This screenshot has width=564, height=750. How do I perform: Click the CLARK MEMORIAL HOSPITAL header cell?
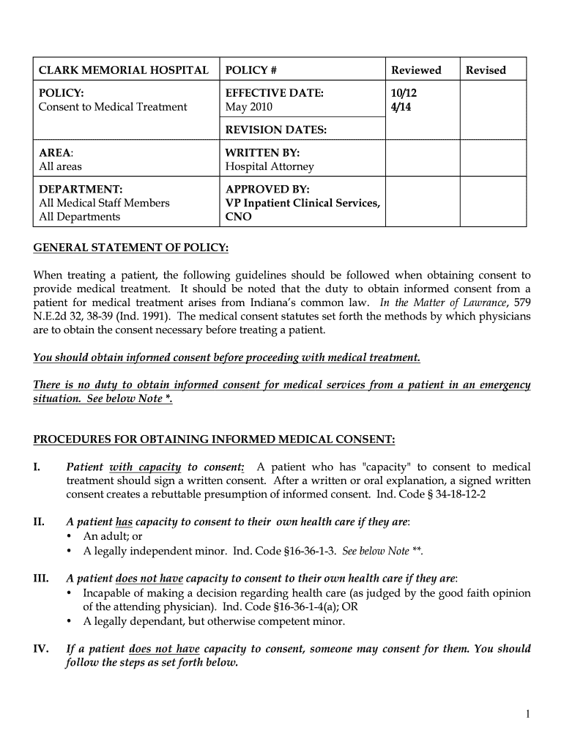tap(123, 70)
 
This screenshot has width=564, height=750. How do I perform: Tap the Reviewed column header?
tap(416, 70)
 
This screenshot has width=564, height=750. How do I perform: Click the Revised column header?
tap(486, 70)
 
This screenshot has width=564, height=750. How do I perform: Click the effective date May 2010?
tap(248, 107)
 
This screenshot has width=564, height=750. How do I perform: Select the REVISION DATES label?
tap(275, 130)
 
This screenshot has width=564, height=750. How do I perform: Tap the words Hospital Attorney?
tap(269, 166)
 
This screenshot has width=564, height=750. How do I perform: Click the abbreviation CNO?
tap(238, 217)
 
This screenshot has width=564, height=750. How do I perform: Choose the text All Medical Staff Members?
tap(104, 203)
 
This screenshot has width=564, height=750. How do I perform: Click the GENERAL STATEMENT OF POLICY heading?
tap(131, 248)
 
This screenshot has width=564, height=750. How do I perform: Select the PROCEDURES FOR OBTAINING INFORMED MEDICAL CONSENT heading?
tap(215, 439)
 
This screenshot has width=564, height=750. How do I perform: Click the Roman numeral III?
tap(41, 579)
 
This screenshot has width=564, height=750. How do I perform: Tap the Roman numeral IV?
tap(41, 649)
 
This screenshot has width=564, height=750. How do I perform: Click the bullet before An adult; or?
tap(69, 537)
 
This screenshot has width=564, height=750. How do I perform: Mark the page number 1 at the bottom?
tap(527, 715)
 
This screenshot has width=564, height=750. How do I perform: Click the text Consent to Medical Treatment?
tap(113, 107)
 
